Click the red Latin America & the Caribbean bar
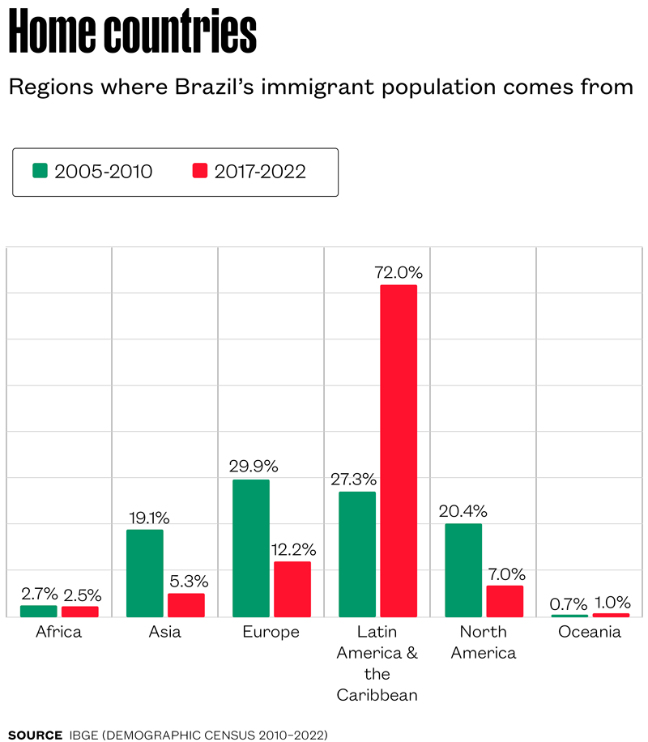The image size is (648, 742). tap(398, 450)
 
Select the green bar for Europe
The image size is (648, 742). tap(250, 548)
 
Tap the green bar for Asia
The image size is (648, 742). tap(144, 573)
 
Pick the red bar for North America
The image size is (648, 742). tap(504, 600)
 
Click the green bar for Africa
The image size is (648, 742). tap(38, 611)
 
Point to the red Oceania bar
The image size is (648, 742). tap(611, 615)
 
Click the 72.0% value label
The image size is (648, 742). tap(399, 272)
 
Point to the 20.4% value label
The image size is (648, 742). tap(463, 511)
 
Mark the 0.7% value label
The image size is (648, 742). tap(569, 603)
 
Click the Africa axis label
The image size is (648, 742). tap(59, 632)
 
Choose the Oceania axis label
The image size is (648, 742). tap(590, 632)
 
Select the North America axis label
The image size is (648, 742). tap(484, 642)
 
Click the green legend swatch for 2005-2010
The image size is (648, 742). tap(40, 171)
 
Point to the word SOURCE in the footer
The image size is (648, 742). tap(35, 735)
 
